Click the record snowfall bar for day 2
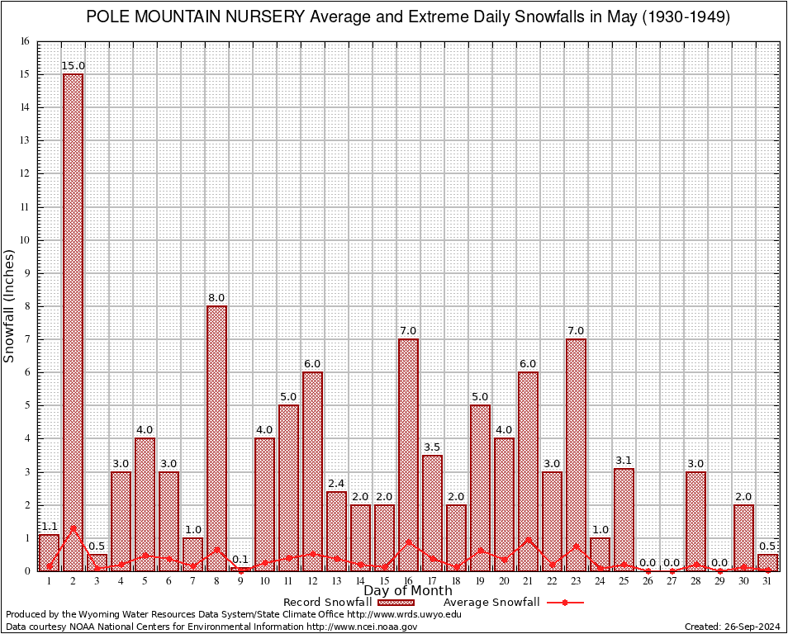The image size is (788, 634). coord(73,322)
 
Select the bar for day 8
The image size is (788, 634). coord(216,438)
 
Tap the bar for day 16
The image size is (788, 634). coord(408,454)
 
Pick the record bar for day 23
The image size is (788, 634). coord(576,454)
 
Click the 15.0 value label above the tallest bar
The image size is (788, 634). coord(74,66)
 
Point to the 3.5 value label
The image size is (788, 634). coord(432,447)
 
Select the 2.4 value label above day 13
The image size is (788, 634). coord(336,484)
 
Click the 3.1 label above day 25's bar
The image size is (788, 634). coord(624,461)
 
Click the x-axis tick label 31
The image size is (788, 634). coord(767,581)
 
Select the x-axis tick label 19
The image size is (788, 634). coord(480,581)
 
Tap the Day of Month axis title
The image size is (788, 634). coord(407,591)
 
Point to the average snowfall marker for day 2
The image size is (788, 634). coord(73,528)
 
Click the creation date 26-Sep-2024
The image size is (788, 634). coord(748,627)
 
